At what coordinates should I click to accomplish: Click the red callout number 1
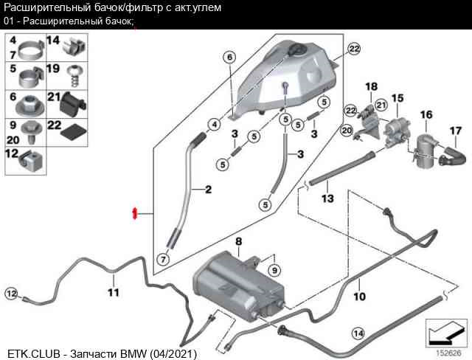pyautogui.click(x=135, y=213)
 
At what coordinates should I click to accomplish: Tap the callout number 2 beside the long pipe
pyautogui.click(x=208, y=190)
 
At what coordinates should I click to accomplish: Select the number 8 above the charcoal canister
pyautogui.click(x=238, y=242)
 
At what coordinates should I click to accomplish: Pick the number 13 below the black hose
pyautogui.click(x=327, y=198)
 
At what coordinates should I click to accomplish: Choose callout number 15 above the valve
pyautogui.click(x=398, y=97)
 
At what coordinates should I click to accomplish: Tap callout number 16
pyautogui.click(x=426, y=114)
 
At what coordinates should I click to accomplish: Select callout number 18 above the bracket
pyautogui.click(x=371, y=86)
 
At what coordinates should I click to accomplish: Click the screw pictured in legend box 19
pyautogui.click(x=74, y=75)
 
